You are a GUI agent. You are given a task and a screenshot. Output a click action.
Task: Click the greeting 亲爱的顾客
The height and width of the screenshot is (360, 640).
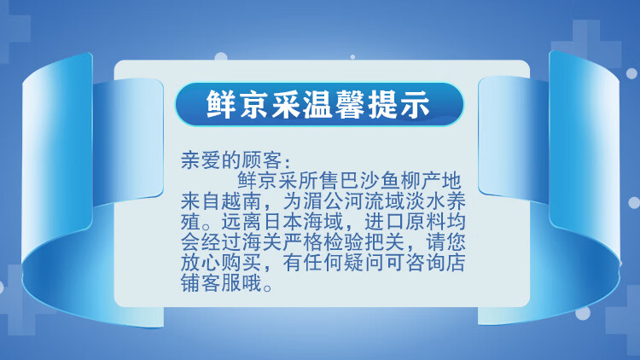231,160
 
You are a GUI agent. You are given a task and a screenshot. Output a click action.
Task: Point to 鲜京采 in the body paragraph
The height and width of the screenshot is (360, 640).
267,181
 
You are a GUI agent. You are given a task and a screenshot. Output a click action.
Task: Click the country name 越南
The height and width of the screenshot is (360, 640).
241,201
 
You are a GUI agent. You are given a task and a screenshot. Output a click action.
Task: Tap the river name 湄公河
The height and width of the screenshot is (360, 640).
334,201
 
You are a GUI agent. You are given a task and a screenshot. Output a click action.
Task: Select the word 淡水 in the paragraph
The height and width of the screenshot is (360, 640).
425,201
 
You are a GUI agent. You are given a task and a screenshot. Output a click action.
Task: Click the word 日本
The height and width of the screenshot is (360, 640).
282,222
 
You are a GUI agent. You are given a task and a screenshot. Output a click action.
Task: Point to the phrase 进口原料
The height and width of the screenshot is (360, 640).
404,222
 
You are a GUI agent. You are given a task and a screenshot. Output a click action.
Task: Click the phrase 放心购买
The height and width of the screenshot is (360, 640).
221,263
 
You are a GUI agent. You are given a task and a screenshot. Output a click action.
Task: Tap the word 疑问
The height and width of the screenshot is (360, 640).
364,263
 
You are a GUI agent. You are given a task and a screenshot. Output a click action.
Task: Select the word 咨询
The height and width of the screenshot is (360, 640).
425,263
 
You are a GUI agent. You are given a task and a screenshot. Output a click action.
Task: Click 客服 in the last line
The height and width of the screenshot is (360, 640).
221,283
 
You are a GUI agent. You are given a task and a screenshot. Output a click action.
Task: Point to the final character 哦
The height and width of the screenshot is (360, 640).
252,283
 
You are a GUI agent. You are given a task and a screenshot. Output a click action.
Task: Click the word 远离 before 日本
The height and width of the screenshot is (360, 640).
241,222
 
